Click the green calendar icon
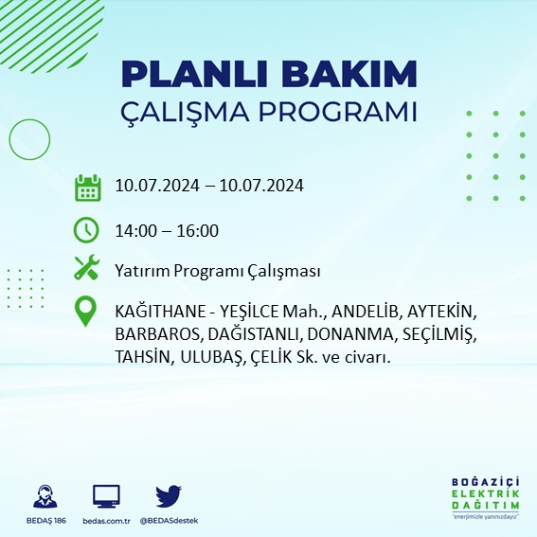87,188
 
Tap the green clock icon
87,229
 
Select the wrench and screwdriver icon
87,269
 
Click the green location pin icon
87,313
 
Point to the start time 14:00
133,230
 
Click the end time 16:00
200,230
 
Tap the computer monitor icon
106,495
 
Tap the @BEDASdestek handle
169,521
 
